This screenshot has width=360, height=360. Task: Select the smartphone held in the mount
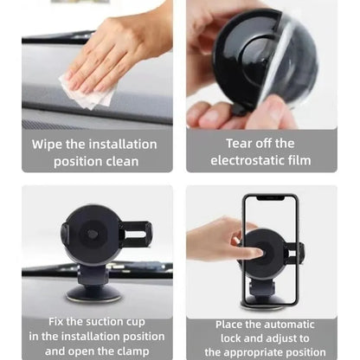tap(271, 247)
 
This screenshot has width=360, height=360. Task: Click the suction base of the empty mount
tap(93, 291)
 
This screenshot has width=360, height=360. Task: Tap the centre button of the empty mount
tap(93, 235)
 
